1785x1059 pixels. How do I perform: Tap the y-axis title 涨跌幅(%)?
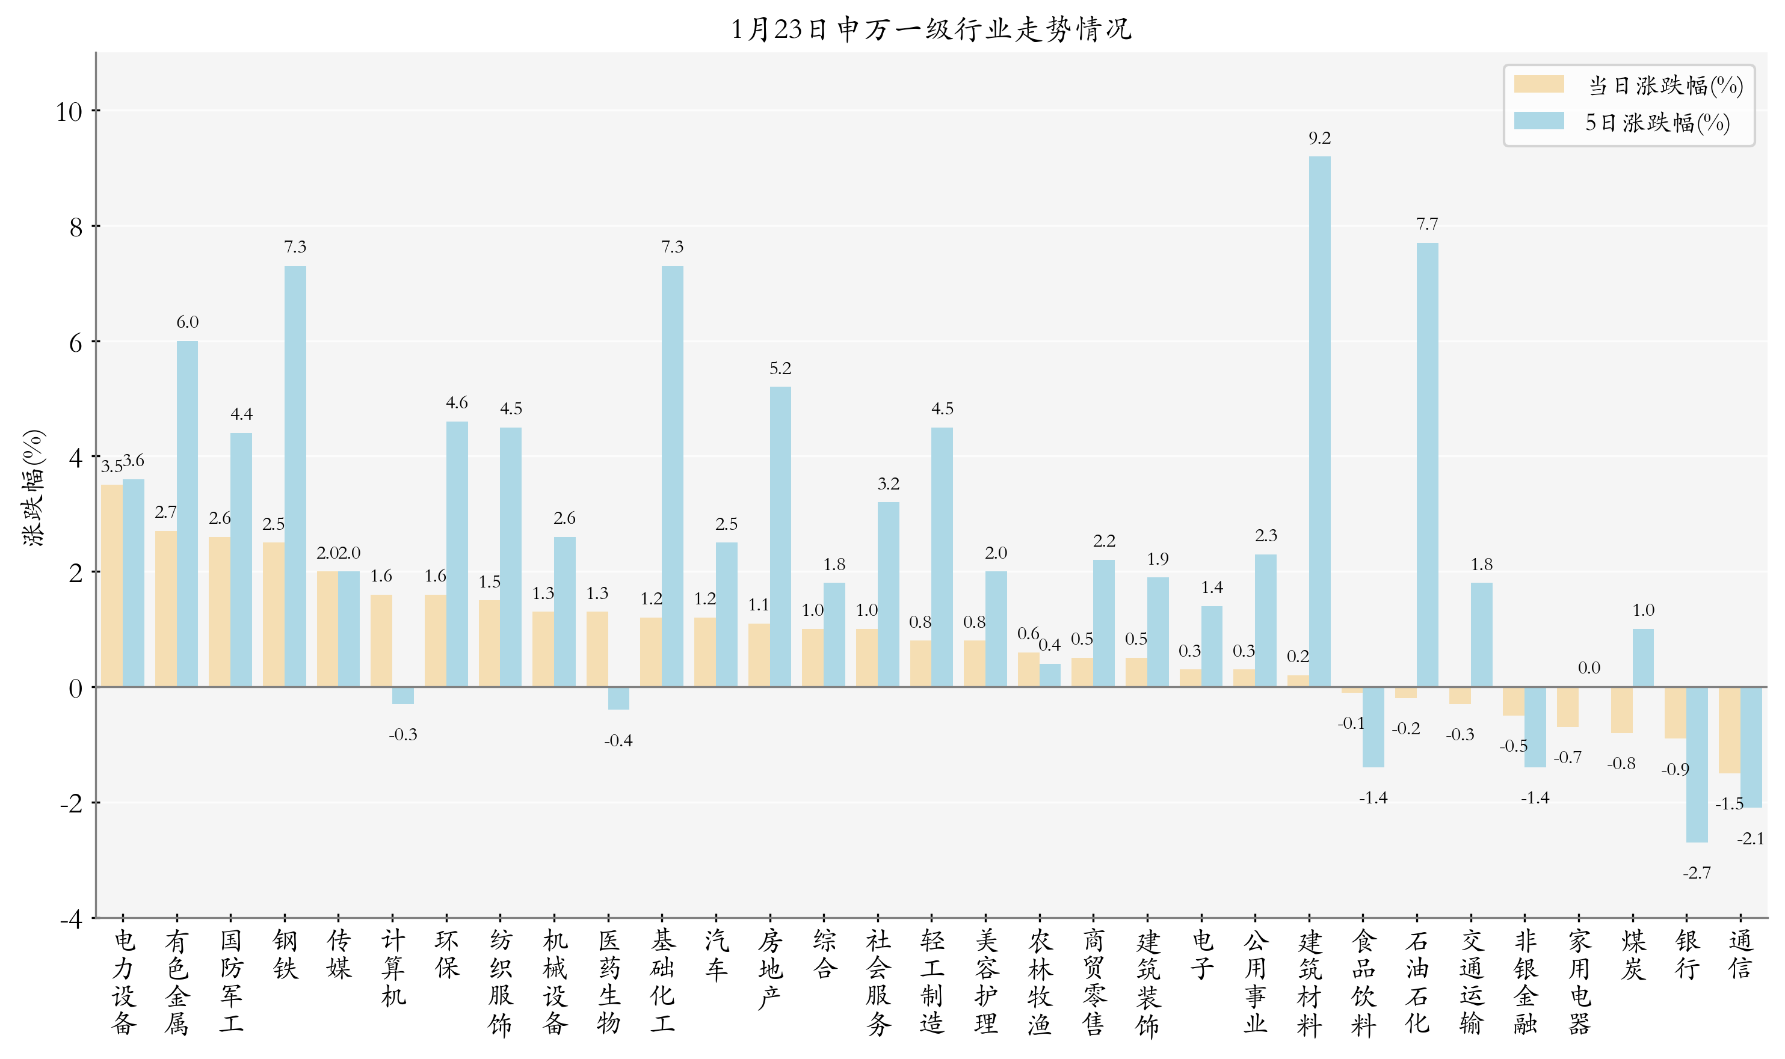34,487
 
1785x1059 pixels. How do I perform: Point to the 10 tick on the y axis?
69,112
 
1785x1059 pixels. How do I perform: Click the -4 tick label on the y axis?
70,919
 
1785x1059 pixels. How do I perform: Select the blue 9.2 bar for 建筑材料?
1320,421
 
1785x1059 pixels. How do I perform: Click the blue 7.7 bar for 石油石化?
1428,464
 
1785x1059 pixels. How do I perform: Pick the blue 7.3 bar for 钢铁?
295,476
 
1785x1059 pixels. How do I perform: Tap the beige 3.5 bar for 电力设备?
111,586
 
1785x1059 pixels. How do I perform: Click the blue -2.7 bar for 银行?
1697,764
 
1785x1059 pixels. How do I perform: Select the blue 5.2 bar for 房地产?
780,536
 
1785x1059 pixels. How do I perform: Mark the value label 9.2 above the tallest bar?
1320,138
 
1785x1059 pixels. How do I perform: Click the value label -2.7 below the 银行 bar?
1697,873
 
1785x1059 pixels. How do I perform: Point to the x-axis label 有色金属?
176,982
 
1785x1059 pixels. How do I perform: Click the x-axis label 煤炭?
1633,954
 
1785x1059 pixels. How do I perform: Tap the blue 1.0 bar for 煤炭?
1643,658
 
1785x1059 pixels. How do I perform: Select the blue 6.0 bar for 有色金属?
187,514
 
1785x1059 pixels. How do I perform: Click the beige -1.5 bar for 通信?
1728,730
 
